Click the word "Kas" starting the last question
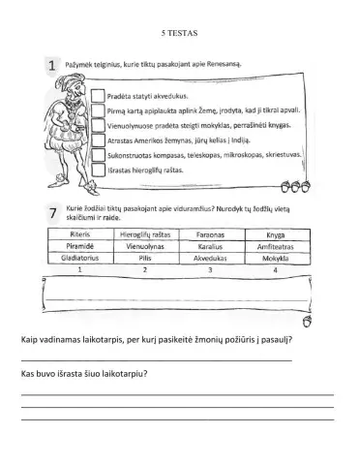[x=29, y=373]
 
